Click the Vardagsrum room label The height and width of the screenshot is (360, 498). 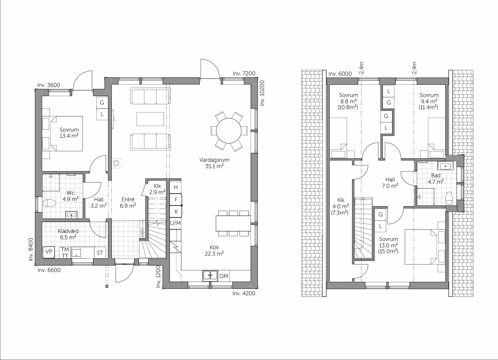point(214,163)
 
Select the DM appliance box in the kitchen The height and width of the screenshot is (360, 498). point(224,276)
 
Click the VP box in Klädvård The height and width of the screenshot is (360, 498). point(49,252)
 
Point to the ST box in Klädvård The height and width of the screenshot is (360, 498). point(100,253)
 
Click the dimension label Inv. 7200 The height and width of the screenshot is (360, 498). point(244,73)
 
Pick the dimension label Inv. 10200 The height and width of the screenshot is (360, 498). point(262,93)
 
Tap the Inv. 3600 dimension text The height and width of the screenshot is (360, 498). point(49,85)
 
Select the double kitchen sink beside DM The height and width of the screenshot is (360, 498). point(210,276)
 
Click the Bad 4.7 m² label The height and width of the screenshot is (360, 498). point(436,179)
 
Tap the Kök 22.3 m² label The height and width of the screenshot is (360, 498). point(214,250)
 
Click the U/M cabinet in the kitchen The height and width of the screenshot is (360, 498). point(175,223)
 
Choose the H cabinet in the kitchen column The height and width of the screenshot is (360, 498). point(175,187)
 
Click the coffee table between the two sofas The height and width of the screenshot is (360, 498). point(150,119)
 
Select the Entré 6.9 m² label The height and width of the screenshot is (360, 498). point(128,202)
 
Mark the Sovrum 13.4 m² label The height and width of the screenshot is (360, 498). point(69,133)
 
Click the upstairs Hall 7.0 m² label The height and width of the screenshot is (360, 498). point(390,183)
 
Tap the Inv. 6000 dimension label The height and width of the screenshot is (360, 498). point(340,74)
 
